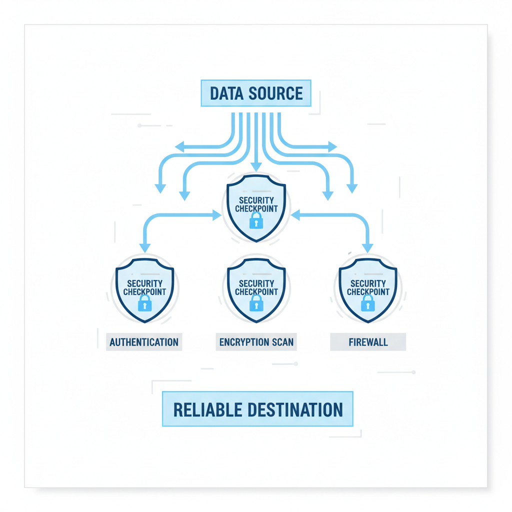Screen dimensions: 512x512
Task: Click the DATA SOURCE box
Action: click(x=256, y=93)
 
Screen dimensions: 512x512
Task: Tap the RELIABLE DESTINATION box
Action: click(x=257, y=409)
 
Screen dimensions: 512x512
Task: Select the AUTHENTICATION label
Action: click(x=144, y=342)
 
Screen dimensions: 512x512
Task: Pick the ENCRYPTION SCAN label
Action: click(x=256, y=342)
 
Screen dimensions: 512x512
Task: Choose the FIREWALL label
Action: click(x=368, y=342)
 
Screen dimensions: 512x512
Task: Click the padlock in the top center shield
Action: click(x=256, y=220)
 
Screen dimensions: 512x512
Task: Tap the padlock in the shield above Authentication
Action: click(x=144, y=302)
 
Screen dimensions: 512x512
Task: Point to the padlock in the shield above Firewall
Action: click(x=368, y=302)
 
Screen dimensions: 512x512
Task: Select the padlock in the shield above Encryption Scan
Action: click(x=256, y=302)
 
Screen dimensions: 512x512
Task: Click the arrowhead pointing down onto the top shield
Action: click(x=256, y=166)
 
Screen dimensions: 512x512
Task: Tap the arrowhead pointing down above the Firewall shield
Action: click(x=368, y=247)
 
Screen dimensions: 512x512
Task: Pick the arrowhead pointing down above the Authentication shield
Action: click(x=145, y=247)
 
